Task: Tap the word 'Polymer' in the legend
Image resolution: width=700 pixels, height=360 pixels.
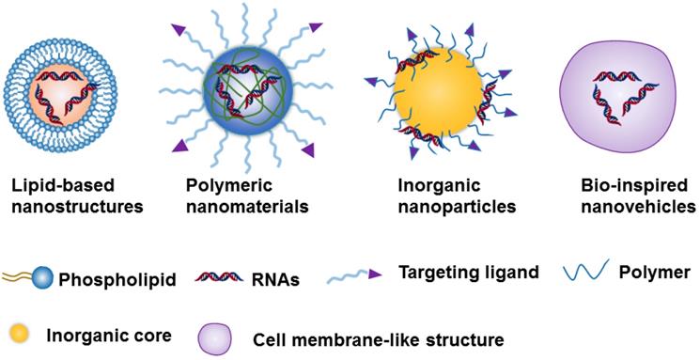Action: [x=655, y=273]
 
